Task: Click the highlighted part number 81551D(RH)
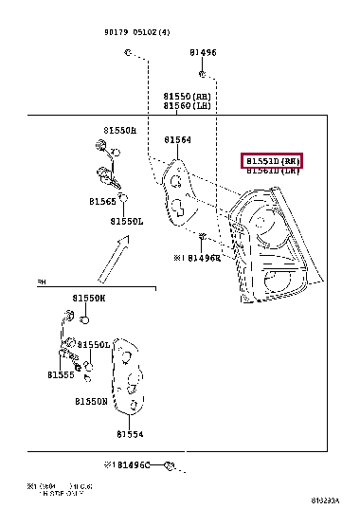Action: pyautogui.click(x=273, y=160)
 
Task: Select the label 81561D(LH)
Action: pyautogui.click(x=273, y=172)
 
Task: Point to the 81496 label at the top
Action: pyautogui.click(x=202, y=53)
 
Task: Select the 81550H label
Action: pyautogui.click(x=120, y=130)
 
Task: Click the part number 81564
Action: pyautogui.click(x=177, y=140)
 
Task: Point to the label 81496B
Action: pyautogui.click(x=200, y=257)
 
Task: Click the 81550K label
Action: pyautogui.click(x=90, y=298)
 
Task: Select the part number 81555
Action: pyautogui.click(x=62, y=375)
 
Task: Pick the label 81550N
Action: pyautogui.click(x=92, y=402)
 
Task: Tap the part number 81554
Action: pyautogui.click(x=130, y=435)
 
